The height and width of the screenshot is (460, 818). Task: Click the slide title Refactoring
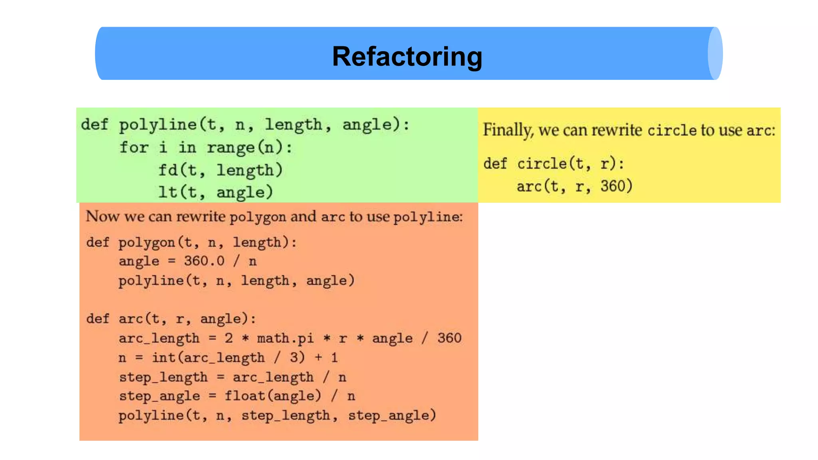pos(407,56)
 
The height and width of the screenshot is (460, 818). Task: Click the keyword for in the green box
pos(134,147)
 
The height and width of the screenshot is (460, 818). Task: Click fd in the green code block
pos(168,170)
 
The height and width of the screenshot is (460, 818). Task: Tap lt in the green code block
pos(167,192)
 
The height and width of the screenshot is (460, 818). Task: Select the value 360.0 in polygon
pos(204,261)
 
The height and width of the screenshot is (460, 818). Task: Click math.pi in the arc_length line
pos(285,338)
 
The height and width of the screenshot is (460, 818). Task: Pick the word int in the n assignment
pos(163,357)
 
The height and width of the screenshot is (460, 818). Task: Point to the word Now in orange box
pos(103,216)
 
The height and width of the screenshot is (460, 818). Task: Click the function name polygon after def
pos(147,242)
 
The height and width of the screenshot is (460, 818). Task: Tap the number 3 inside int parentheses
pos(294,357)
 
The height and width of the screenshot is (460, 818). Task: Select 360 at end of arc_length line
pos(449,338)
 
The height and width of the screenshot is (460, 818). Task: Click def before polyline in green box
pos(95,125)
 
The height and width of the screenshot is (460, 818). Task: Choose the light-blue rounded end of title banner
pos(715,54)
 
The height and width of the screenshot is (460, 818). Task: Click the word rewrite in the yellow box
pos(616,130)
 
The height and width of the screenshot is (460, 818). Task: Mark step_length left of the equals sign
pos(163,377)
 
